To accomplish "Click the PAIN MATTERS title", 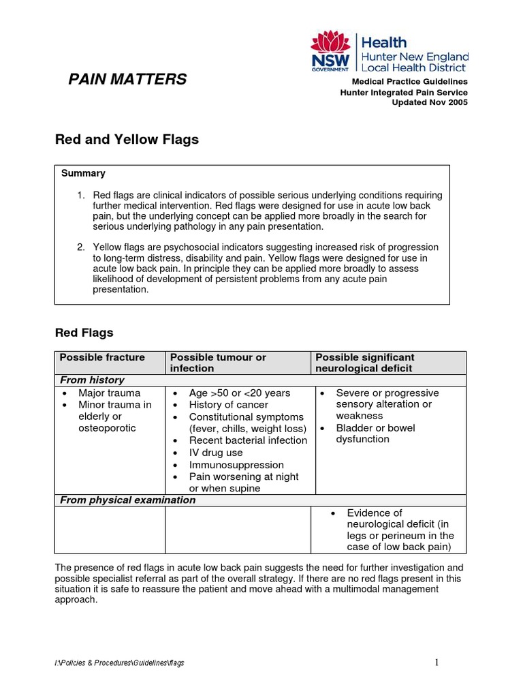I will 127,80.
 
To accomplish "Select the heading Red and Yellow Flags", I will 127,140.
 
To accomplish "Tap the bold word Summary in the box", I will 83,174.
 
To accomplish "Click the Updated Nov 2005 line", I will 430,102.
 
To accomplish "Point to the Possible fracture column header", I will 102,357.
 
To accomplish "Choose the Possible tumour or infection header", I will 218,363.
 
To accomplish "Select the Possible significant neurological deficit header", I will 365,363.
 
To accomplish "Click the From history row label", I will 92,380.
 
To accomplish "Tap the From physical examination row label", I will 127,500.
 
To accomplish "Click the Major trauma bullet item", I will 109,393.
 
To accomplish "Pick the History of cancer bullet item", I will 229,405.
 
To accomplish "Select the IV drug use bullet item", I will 216,453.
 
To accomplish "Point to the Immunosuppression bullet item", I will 236,465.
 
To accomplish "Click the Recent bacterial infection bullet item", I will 248,440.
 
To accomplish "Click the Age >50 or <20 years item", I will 240,393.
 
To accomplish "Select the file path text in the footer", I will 120,663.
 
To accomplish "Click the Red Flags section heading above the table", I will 84,333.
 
